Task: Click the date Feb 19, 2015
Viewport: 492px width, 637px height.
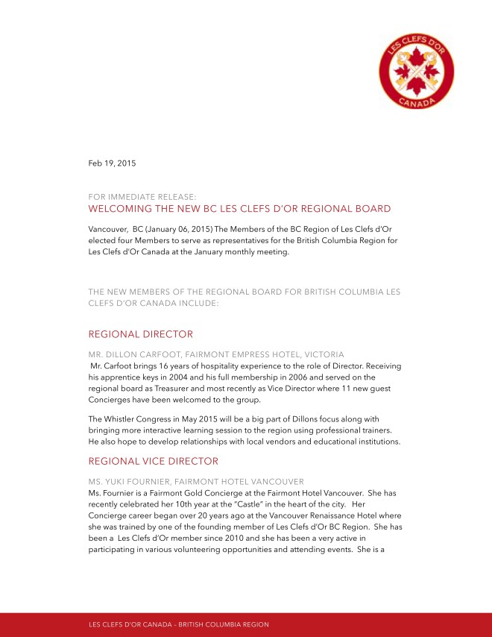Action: click(x=113, y=163)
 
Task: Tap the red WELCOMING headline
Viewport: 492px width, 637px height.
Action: click(x=239, y=209)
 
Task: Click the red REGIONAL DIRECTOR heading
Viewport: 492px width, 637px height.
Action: click(x=140, y=333)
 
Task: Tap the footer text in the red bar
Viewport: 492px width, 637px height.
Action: click(x=179, y=624)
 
